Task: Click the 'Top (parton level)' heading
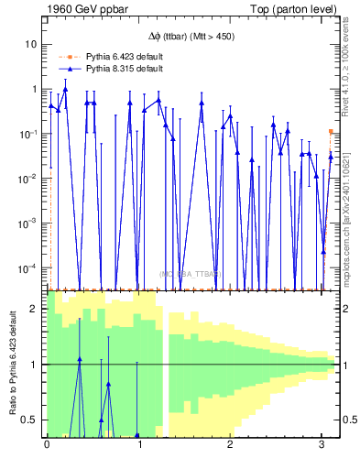(296, 8)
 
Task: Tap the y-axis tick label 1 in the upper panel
(34, 89)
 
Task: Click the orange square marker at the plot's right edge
(332, 132)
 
